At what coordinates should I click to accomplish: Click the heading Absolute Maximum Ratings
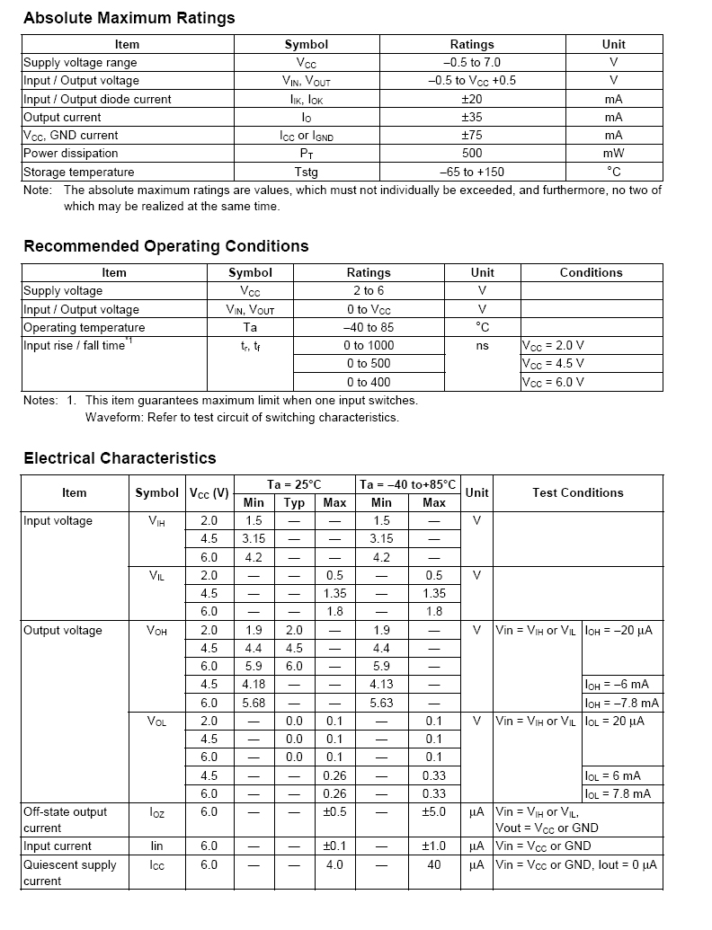(x=129, y=18)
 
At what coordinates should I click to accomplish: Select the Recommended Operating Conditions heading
(x=165, y=246)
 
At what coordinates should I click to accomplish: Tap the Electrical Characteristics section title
(x=120, y=458)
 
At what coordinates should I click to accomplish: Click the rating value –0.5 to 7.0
(x=472, y=63)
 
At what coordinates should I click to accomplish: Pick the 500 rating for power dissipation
(x=472, y=154)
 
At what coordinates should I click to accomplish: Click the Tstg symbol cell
(x=306, y=173)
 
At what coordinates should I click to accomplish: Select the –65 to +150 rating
(x=472, y=173)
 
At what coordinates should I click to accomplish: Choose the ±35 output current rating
(x=472, y=118)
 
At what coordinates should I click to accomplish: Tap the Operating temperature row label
(x=84, y=328)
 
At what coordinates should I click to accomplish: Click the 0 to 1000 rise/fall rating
(x=369, y=346)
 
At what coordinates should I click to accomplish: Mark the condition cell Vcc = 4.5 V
(x=553, y=364)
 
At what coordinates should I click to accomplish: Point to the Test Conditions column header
(x=577, y=493)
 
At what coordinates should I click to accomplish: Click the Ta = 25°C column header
(x=295, y=484)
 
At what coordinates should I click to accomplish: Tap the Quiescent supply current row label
(x=69, y=872)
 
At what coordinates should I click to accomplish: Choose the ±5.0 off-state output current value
(x=434, y=812)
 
